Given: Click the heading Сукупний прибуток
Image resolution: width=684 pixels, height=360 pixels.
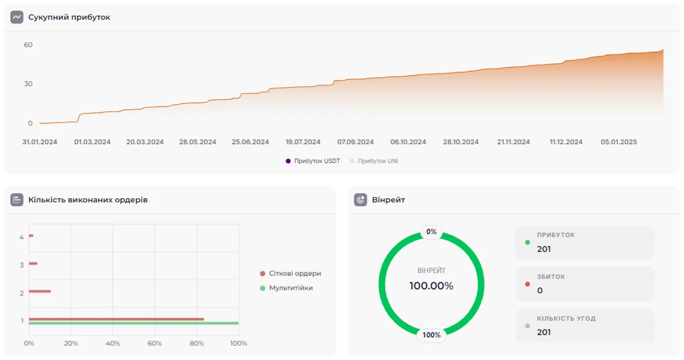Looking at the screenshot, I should (69, 17).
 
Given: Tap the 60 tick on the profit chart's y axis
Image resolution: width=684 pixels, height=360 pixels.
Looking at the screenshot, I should (28, 45).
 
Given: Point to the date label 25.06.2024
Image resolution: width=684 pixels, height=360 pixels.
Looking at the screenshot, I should (250, 142).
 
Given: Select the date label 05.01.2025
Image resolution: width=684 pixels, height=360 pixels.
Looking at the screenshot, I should (619, 142).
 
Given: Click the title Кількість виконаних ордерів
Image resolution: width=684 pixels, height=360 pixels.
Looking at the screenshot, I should (87, 199).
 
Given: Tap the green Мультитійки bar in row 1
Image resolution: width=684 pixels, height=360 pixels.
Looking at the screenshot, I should (134, 323).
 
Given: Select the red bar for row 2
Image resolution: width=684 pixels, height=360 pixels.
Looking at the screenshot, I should (39, 291).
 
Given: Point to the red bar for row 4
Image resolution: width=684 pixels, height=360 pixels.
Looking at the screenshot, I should (31, 236).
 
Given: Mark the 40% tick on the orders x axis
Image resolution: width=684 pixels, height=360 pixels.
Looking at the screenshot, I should (112, 343).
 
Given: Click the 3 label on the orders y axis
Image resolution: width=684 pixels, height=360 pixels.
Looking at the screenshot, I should (22, 265).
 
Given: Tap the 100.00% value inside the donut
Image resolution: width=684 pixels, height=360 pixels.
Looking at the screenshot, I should (431, 286).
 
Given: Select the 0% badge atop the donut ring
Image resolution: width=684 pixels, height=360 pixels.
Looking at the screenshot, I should (431, 232).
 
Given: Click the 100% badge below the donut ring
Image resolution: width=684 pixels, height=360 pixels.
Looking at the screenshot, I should (431, 335).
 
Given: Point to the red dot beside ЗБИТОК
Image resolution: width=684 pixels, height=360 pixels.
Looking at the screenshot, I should (527, 284).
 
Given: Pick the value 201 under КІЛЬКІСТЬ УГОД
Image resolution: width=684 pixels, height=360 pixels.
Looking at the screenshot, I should (544, 332).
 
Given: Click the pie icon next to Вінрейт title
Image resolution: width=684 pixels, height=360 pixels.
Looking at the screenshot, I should (361, 199).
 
